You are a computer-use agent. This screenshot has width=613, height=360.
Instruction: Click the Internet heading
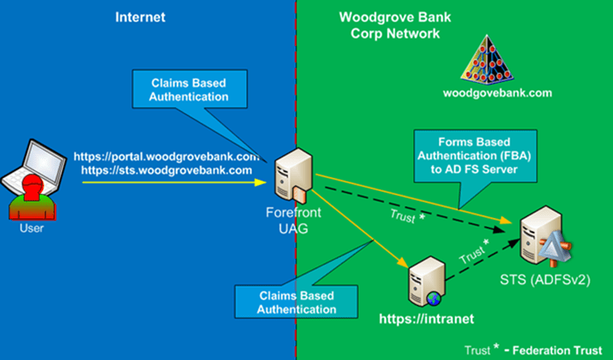(x=140, y=17)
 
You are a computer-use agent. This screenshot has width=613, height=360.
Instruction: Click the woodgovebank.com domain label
(x=486, y=92)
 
